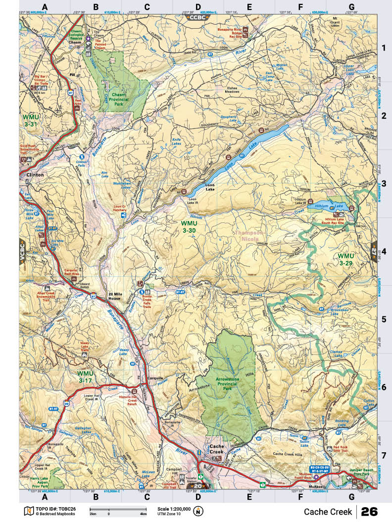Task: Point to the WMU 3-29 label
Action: tap(347, 260)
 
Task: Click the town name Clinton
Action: tap(32, 175)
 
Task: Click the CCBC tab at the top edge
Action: tap(198, 17)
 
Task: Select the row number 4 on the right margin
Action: tap(383, 251)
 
